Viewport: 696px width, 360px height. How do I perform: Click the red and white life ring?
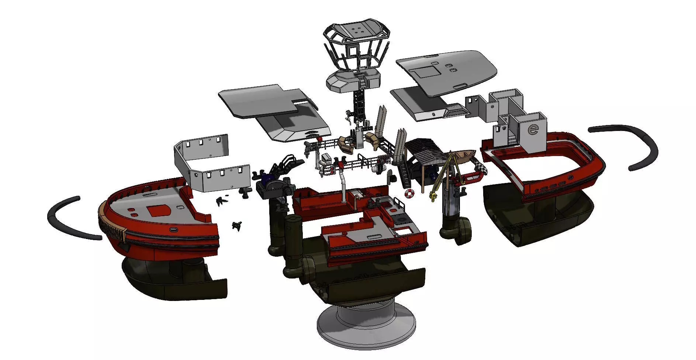409,193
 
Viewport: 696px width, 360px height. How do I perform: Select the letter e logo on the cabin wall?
533,129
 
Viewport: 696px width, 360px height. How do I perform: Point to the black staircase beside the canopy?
404,173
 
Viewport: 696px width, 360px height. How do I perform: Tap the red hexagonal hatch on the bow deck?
159,211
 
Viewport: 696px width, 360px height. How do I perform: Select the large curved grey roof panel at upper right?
446,72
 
